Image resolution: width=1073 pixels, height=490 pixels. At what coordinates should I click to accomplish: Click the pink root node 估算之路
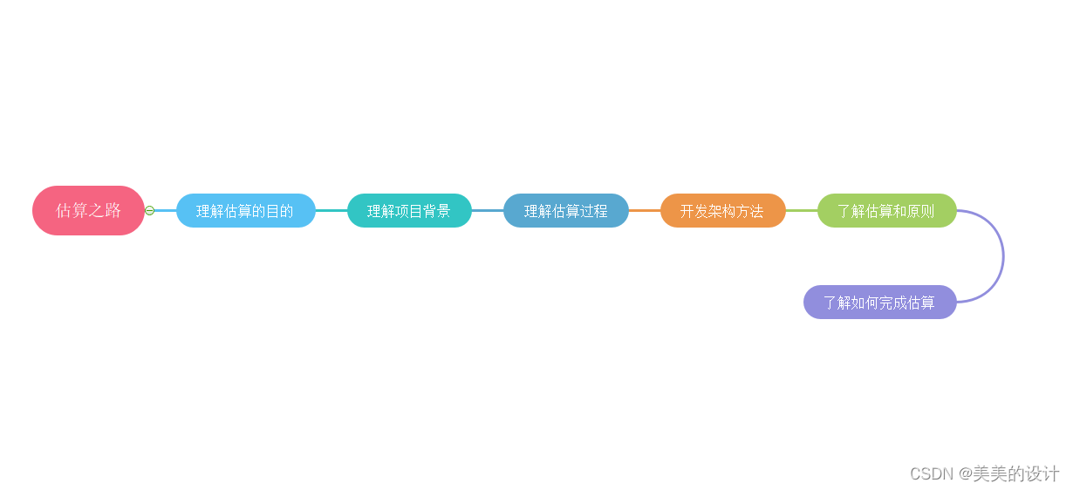coord(88,210)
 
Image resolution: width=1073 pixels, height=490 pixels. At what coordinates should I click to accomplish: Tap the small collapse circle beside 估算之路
coord(149,210)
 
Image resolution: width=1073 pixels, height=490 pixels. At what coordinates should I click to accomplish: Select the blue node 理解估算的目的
coord(245,211)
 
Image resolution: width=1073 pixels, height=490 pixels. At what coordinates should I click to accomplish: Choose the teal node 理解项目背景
coord(409,211)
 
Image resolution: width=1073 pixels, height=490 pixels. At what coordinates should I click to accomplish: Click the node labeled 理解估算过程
coord(565,211)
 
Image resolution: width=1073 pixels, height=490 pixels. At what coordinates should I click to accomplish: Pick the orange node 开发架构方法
coord(722,211)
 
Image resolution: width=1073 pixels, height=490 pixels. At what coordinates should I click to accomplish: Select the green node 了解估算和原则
coord(886,211)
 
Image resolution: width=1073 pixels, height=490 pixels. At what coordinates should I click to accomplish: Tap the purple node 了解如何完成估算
coord(879,303)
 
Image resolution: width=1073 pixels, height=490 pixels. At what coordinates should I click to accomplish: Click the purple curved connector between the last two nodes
coord(1003,256)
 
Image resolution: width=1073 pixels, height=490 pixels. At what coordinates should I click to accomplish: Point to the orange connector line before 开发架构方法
coord(644,210)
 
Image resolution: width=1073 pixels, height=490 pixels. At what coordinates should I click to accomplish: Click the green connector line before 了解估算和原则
coord(801,210)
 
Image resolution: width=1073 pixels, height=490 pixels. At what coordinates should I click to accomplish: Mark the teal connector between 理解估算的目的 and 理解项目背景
coord(331,210)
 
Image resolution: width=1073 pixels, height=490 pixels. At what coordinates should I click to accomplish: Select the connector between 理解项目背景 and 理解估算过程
coord(487,210)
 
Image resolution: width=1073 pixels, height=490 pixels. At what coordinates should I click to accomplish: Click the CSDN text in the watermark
coord(931,473)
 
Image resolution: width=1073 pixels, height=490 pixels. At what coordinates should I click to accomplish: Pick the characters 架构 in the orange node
coord(722,211)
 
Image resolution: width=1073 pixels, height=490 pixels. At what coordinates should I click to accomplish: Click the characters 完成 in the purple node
coord(893,303)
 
